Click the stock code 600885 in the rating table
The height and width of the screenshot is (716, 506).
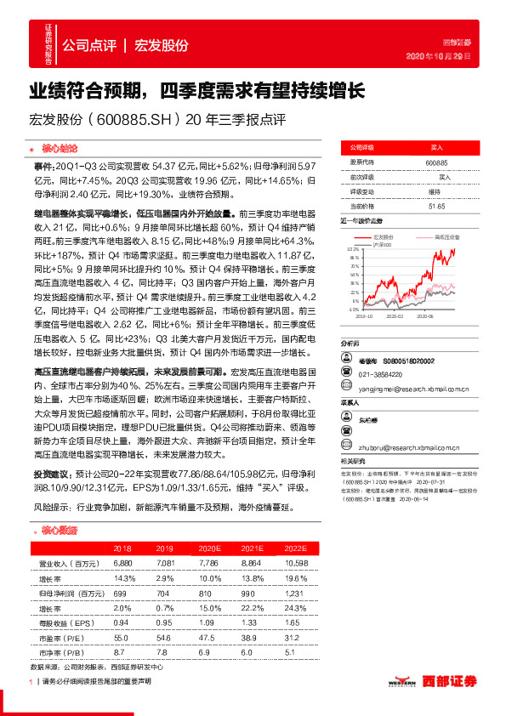pos(436,162)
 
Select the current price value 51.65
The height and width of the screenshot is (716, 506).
pos(436,207)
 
